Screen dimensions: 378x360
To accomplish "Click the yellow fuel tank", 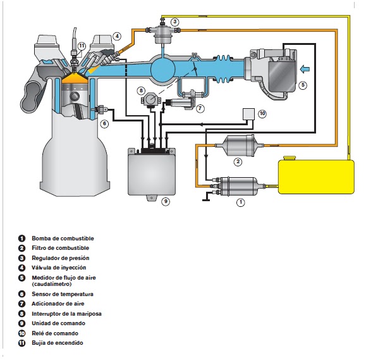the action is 316,176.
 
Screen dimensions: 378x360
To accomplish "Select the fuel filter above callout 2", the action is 239,146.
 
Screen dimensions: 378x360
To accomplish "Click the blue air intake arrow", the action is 305,69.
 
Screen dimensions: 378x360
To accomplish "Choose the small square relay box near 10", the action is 248,114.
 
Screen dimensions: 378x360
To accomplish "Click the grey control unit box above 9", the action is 152,172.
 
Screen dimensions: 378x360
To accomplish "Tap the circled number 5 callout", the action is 303,85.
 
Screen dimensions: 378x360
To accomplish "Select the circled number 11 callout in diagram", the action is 82,46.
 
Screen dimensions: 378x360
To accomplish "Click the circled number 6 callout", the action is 104,123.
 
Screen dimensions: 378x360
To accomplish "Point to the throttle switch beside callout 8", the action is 150,100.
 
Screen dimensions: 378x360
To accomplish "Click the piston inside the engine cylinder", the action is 74,96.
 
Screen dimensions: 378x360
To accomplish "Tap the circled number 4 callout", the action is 117,37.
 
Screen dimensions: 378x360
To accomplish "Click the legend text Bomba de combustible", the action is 63,239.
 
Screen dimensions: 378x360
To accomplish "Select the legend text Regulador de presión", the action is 61,258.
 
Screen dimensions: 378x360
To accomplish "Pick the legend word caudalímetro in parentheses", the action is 52,284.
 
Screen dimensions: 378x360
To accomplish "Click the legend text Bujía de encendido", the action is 58,343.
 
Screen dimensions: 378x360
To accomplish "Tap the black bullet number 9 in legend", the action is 21,323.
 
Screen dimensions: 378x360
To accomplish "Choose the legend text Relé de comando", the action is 55,333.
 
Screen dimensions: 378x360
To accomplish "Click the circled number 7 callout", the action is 200,108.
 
